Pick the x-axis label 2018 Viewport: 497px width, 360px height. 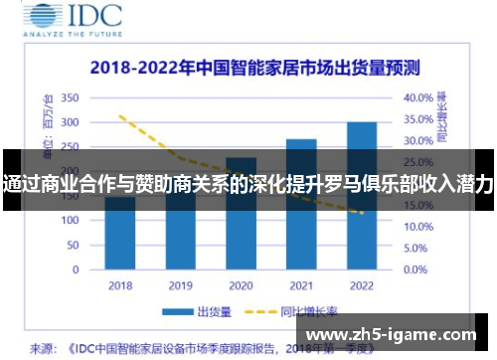pyautogui.click(x=120, y=285)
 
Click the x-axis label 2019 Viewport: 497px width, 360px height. pyautogui.click(x=180, y=285)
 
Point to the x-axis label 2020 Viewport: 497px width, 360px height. pyautogui.click(x=241, y=285)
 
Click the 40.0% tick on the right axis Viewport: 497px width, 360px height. pyautogui.click(x=418, y=98)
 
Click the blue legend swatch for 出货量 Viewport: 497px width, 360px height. pyautogui.click(x=178, y=312)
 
